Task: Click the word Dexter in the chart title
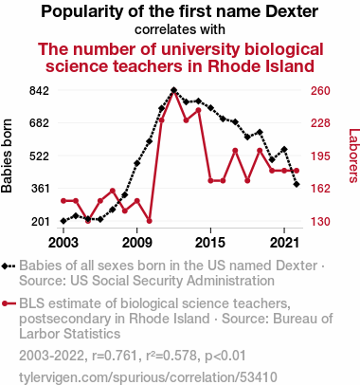[292, 11]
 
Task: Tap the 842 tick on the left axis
[39, 91]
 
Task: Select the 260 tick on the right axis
[320, 91]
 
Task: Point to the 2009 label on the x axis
[137, 243]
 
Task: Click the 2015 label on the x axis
[210, 243]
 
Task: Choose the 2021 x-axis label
[284, 243]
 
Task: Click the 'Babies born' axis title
[7, 156]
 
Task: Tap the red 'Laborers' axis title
[353, 156]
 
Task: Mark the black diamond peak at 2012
[173, 90]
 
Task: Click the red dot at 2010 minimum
[150, 221]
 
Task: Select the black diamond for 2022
[297, 184]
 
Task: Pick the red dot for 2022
[297, 171]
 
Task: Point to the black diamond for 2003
[63, 221]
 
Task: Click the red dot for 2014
[198, 110]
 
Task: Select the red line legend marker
[9, 303]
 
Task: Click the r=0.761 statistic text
[115, 356]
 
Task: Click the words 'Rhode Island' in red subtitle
[261, 66]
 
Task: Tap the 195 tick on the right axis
[320, 156]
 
